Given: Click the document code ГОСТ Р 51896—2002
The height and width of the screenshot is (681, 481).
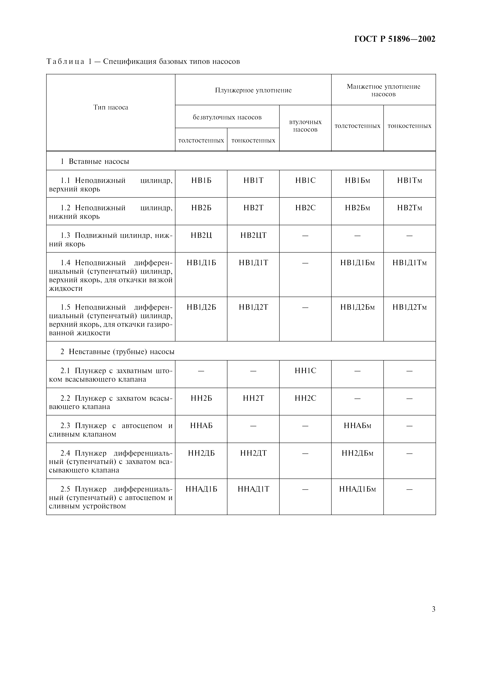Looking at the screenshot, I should [x=395, y=39].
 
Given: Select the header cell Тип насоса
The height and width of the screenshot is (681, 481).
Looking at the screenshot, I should [x=111, y=107].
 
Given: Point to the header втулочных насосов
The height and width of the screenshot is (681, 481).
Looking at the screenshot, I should [x=305, y=126].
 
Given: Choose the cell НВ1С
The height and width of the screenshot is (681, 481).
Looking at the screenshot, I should [x=305, y=180].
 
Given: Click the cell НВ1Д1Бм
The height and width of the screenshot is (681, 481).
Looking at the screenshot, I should [x=357, y=263].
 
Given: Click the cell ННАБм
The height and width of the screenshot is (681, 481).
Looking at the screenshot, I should [x=357, y=426].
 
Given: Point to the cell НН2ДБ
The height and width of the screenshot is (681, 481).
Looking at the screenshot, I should [x=201, y=453].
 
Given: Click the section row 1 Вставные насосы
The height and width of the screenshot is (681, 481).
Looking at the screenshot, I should [x=95, y=161].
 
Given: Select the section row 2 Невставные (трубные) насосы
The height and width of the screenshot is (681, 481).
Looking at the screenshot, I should [x=117, y=352].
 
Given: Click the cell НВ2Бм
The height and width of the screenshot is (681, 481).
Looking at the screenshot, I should [x=357, y=208].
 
